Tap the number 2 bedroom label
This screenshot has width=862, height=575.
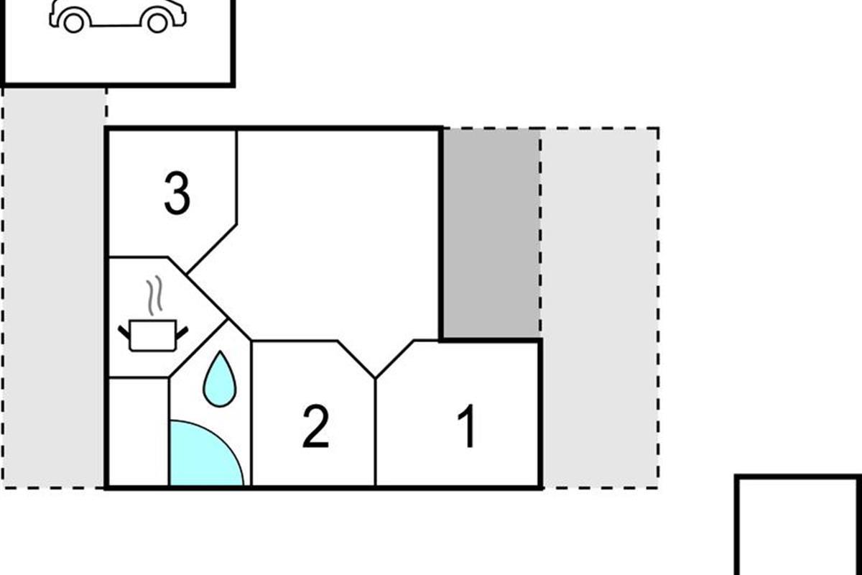point(316,426)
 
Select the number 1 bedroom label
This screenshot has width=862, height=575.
point(466,426)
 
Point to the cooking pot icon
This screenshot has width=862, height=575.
point(153,336)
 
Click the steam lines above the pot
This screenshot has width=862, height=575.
point(154,295)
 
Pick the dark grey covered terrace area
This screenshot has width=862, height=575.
point(491,234)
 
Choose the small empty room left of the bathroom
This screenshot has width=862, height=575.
point(139,432)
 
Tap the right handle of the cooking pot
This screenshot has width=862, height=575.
point(182,333)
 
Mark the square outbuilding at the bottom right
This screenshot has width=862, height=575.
point(799,525)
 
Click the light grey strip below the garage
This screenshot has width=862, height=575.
point(55,287)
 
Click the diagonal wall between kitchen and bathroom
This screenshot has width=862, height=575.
point(198,348)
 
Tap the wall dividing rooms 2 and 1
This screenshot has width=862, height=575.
point(375,432)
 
